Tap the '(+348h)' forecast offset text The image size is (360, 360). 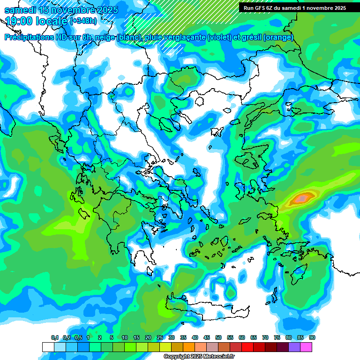click(83, 21)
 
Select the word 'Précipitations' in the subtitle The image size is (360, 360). click(28, 37)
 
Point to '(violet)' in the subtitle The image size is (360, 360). click(219, 37)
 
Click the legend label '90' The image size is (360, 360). click(312, 338)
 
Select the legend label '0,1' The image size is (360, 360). click(54, 338)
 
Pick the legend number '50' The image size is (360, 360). click(218, 338)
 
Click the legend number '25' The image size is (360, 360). click(160, 338)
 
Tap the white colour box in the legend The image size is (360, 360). click(48, 347)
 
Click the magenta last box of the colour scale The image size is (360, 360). click(306, 347)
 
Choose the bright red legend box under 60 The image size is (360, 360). click(247, 347)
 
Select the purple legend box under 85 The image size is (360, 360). click(294, 347)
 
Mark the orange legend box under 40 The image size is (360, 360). click(189, 347)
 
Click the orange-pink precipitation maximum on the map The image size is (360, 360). click(301, 199)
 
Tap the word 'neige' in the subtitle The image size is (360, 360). click(105, 37)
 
